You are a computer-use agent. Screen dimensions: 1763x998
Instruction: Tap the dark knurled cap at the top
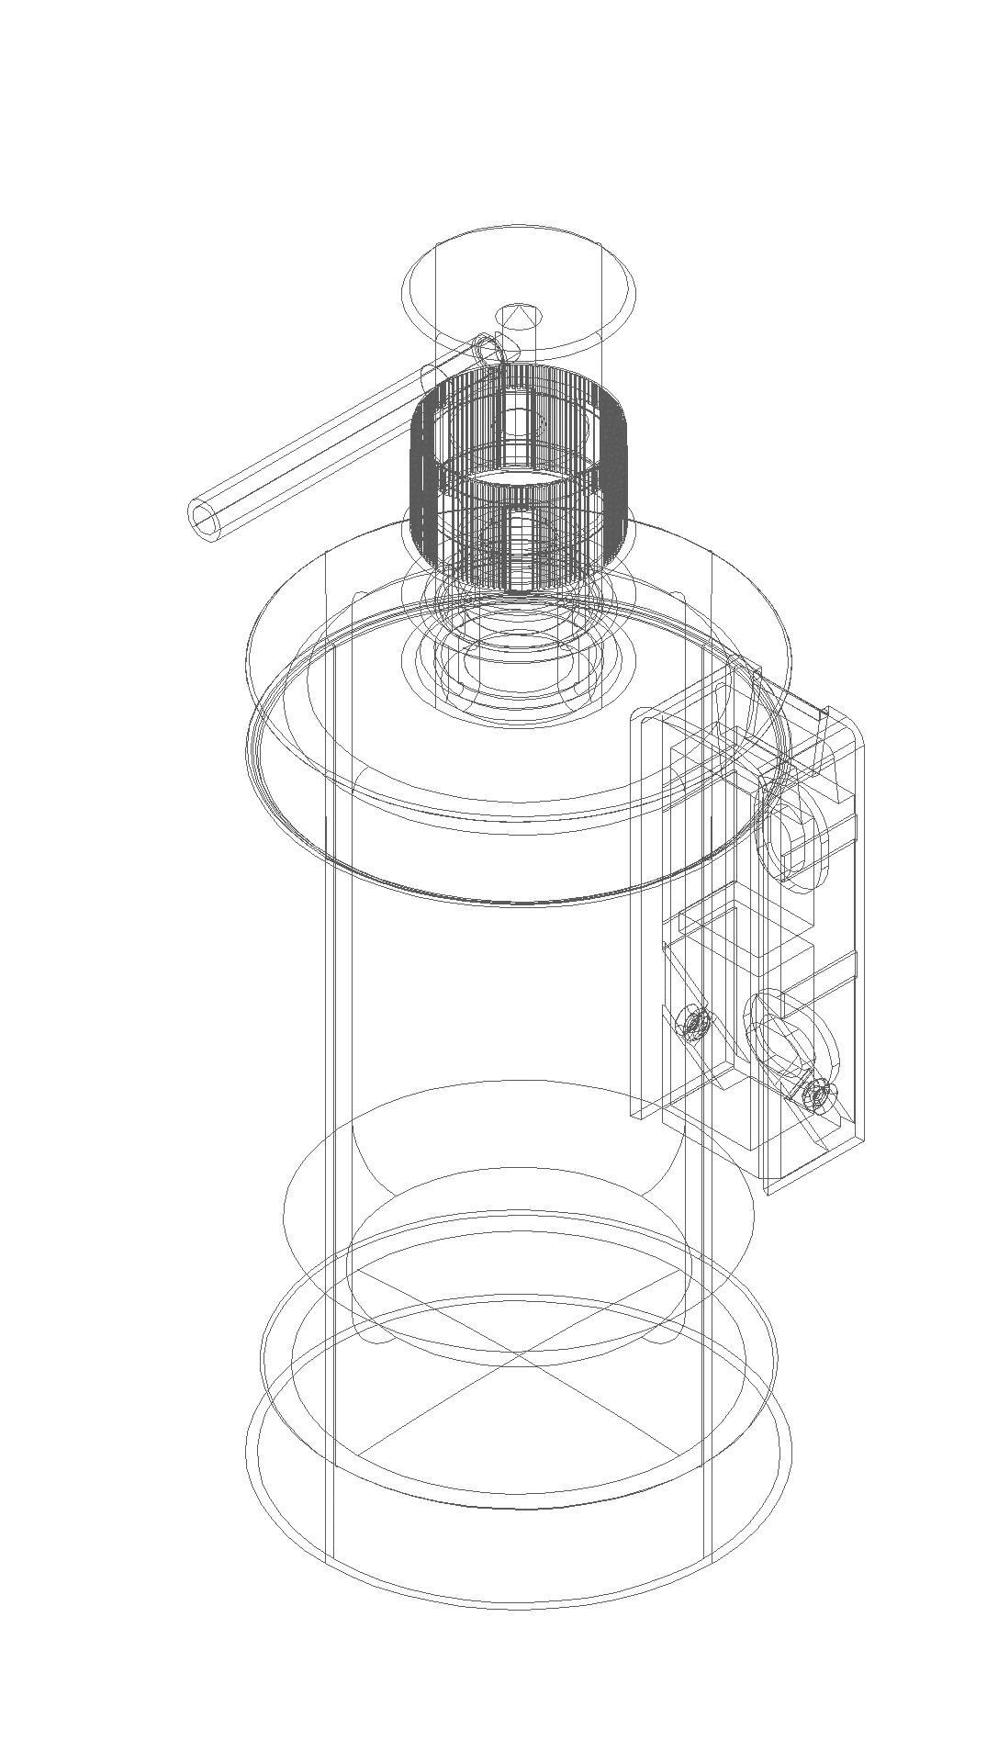pos(520,477)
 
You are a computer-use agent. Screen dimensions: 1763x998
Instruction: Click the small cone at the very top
pos(520,316)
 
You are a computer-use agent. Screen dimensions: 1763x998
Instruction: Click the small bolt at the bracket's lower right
pos(816,1094)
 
